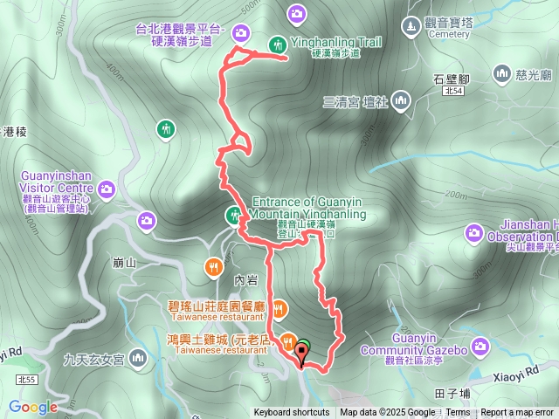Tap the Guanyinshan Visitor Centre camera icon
[x=107, y=188]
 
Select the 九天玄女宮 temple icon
[x=138, y=358]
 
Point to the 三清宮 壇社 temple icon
[x=401, y=100]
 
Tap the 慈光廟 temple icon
[x=501, y=73]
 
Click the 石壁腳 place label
[x=452, y=79]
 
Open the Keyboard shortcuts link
[x=292, y=413]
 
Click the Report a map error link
[x=518, y=413]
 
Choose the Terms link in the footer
[x=458, y=413]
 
